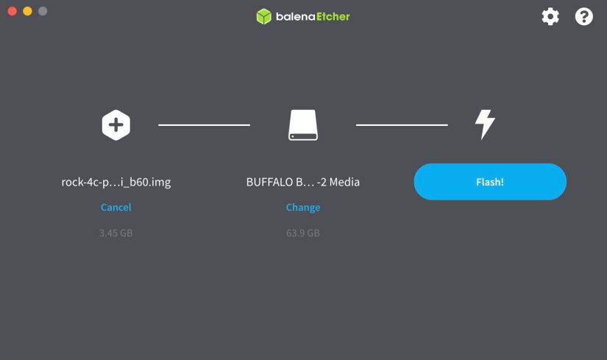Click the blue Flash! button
point(490,182)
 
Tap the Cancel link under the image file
point(116,208)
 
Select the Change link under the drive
point(302,208)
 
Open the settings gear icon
point(550,17)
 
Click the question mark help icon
point(583,17)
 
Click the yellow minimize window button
point(27,11)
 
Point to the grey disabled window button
point(43,11)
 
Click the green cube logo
point(263,17)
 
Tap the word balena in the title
point(295,17)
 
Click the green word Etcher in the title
point(333,17)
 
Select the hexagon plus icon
point(116,124)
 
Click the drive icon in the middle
point(302,124)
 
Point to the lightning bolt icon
point(485,124)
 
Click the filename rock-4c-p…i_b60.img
point(116,182)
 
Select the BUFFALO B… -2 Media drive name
point(302,182)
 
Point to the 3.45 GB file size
point(116,233)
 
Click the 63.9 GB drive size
point(302,233)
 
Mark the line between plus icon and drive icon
point(204,124)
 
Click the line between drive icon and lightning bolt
point(402,124)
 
